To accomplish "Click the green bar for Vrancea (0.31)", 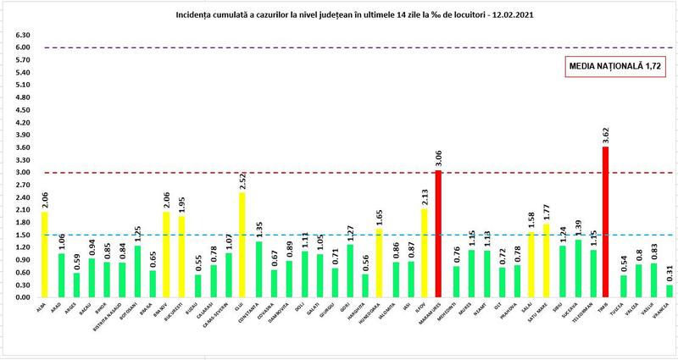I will click(x=670, y=291).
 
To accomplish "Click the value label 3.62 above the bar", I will click(x=605, y=135).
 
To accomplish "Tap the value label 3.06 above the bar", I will click(x=439, y=158).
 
